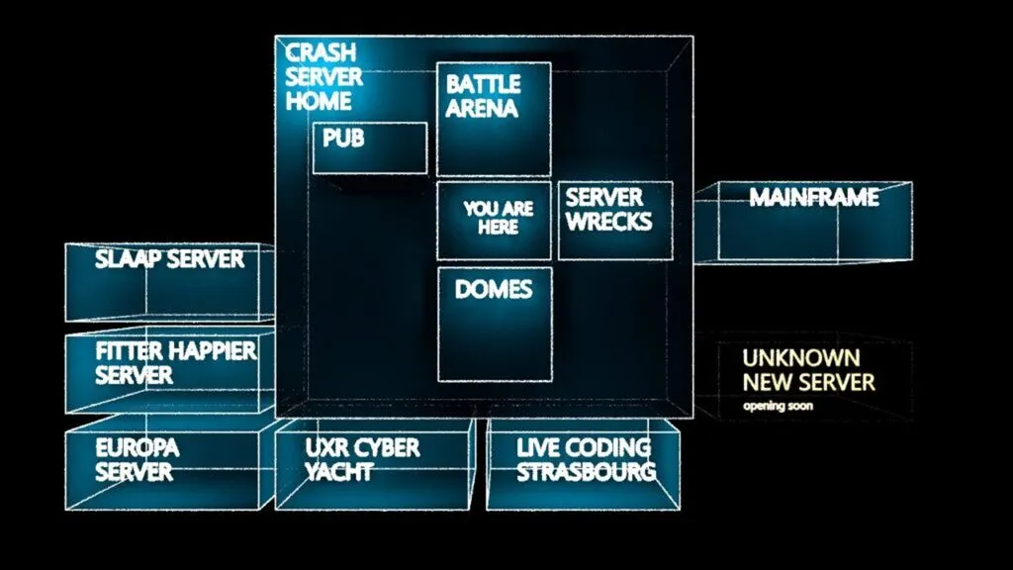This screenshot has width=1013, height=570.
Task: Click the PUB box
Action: coord(370,148)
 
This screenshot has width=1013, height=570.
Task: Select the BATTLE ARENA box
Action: coord(494,120)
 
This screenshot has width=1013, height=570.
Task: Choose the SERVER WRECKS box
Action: coord(615,221)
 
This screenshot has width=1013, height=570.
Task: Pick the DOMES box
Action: coord(495,324)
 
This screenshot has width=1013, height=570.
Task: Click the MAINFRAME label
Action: coord(813,198)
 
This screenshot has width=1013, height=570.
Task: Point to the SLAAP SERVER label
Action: coord(169,260)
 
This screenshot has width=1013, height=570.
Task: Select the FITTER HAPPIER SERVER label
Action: coord(175,363)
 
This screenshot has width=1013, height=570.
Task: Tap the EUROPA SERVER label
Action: coord(138,460)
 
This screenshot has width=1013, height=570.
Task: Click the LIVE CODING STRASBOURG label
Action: coord(585,460)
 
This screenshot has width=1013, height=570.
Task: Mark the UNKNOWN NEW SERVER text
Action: coord(808,369)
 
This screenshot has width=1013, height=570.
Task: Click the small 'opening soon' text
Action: coord(779,406)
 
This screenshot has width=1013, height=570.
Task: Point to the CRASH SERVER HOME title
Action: coord(321,77)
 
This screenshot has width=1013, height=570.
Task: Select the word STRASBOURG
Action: coord(586,472)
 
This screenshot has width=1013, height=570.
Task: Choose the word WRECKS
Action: coord(609,221)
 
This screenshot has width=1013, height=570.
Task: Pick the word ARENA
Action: coord(482,108)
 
